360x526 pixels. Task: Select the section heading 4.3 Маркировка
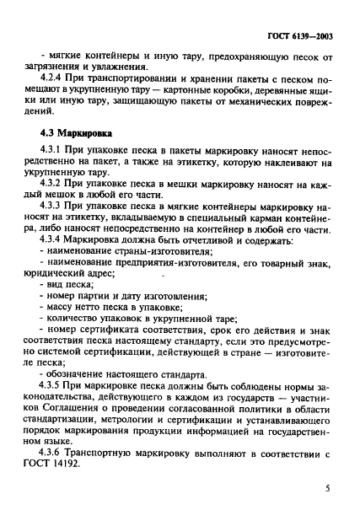(x=78, y=133)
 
